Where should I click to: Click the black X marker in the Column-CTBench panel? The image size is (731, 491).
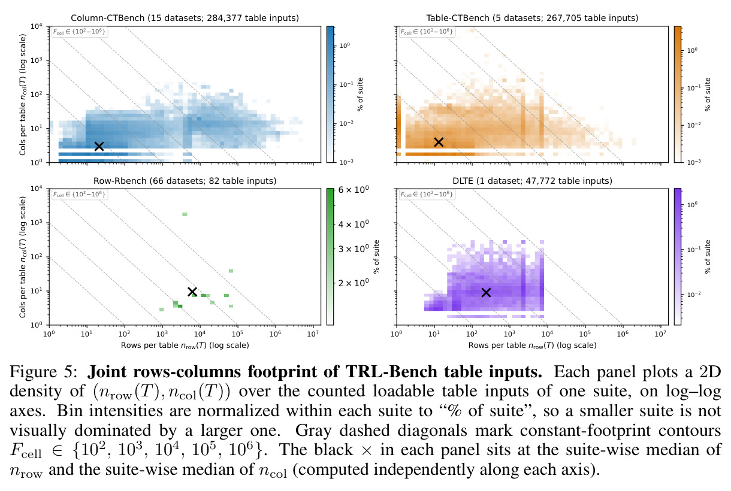99,146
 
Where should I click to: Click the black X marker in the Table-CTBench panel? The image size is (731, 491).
439,142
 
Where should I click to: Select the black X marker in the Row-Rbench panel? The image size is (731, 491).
192,292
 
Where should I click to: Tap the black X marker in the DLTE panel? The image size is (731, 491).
486,293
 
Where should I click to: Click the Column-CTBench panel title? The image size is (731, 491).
185,18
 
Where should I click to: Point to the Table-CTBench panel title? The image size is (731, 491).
532,18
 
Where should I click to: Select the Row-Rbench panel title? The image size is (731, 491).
185,181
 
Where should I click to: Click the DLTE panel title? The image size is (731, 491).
532,181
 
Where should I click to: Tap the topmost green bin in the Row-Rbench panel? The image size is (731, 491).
185,214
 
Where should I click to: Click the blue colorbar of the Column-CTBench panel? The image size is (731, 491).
330,94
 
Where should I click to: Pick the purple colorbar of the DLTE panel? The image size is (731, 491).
678,257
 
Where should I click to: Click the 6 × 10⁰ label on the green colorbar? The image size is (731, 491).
354,190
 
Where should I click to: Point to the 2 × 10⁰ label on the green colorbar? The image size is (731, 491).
354,283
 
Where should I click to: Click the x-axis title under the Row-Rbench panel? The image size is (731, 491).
185,345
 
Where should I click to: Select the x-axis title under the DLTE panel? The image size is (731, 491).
532,345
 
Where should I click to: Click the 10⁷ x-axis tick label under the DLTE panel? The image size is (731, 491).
660,334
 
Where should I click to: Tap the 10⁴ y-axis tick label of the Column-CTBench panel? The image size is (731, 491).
37,26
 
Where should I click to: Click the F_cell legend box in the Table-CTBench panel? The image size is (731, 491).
427,32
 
